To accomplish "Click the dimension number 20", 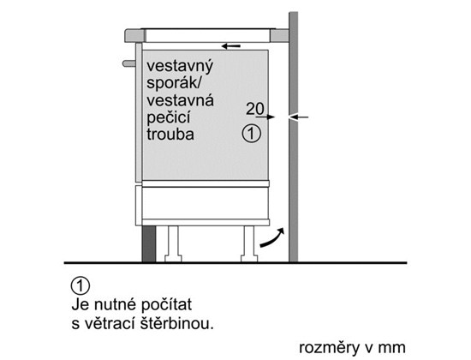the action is (255, 109).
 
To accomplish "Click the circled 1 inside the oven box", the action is (252, 134).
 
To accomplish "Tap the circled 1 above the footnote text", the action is (80, 286).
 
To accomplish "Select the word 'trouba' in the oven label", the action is (170, 134).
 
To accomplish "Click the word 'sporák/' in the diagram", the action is (174, 82).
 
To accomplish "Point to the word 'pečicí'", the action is (168, 117).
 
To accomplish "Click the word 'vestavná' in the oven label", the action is (180, 100).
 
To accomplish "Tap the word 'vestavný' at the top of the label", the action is (180, 67).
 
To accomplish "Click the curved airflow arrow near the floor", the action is (272, 239).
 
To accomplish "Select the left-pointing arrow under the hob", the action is (231, 46).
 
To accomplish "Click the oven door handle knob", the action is (129, 63).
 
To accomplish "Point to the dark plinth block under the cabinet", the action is (149, 244).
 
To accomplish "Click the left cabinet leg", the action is (173, 244).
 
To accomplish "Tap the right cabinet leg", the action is (249, 244).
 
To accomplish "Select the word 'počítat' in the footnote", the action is (166, 304).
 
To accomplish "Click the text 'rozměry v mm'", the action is (352, 348).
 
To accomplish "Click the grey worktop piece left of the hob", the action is (135, 35).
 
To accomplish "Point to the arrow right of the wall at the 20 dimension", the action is (299, 117).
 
